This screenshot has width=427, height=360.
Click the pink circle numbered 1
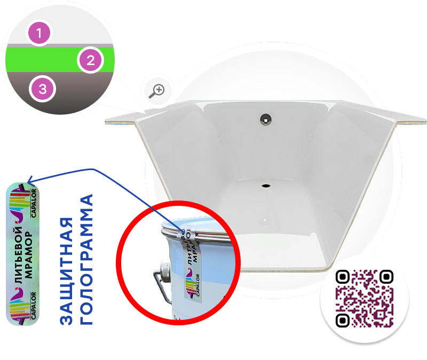click(39, 33)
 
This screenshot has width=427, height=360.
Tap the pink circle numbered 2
click(90, 60)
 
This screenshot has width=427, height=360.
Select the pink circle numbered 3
click(43, 89)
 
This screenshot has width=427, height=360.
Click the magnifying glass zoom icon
click(156, 91)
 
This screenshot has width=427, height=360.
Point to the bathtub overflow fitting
click(265, 119)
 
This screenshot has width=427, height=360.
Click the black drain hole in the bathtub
click(266, 186)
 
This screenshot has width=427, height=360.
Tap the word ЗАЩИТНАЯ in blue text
click(66, 271)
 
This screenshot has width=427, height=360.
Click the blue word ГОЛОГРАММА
click(86, 259)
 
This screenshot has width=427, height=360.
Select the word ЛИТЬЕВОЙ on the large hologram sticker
click(18, 255)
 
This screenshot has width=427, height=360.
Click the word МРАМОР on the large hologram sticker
click(28, 255)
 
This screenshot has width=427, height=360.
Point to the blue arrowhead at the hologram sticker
click(30, 180)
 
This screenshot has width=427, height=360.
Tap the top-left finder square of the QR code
click(343, 277)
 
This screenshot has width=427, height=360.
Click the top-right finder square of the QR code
click(386, 277)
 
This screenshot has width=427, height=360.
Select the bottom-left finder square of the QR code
click(343, 321)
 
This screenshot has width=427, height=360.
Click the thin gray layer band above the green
click(60, 46)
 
